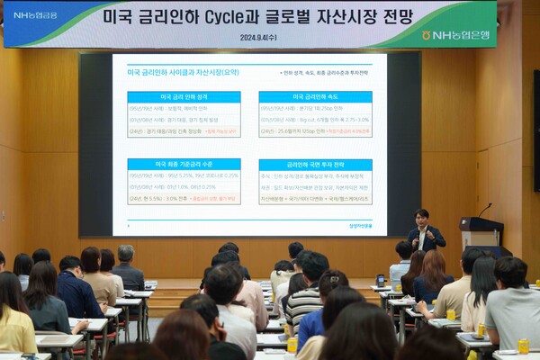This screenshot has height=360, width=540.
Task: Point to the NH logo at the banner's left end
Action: coord(34,15)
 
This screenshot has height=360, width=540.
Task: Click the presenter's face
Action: coord(420,216)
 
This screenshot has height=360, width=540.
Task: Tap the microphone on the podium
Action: coord(484,209)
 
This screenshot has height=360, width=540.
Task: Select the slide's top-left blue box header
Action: coord(184,96)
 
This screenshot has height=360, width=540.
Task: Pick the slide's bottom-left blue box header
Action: coord(184,165)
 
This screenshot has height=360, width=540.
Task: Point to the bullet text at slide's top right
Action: coord(324,73)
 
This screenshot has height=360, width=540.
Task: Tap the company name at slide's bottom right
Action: coord(361,225)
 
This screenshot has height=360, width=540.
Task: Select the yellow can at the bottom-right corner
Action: coord(523,346)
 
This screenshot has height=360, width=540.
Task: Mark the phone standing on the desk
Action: coord(381,280)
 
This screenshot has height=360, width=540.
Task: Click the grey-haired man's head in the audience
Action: coord(126,254)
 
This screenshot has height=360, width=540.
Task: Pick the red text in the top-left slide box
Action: coord(221,130)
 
